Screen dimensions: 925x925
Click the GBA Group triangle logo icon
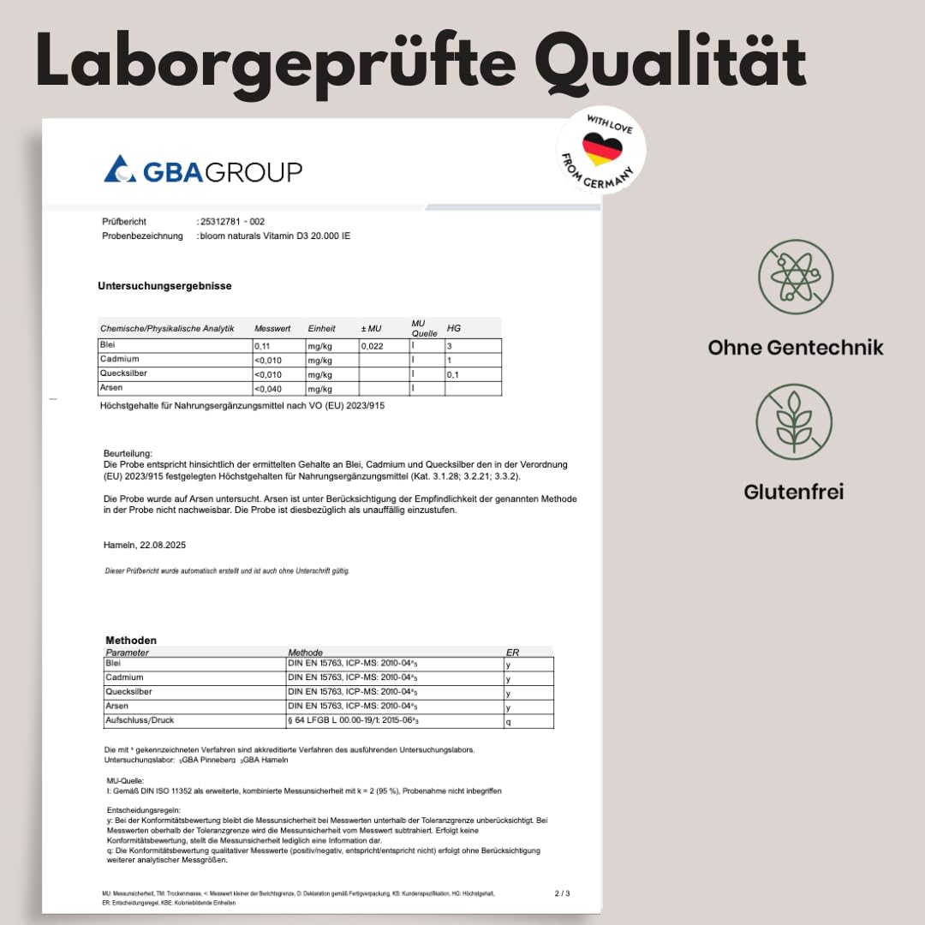click(x=119, y=169)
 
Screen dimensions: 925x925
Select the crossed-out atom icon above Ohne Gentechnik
click(x=796, y=277)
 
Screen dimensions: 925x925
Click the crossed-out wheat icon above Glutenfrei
click(x=794, y=421)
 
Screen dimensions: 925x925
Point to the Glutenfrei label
click(x=794, y=492)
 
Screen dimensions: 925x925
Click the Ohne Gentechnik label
click(x=796, y=347)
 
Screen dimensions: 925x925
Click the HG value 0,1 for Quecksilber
click(x=454, y=375)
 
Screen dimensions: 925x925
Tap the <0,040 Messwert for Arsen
click(x=268, y=390)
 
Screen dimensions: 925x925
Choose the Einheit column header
click(x=321, y=329)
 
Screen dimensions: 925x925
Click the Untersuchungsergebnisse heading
click(x=164, y=286)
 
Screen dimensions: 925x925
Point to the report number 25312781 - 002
click(x=231, y=222)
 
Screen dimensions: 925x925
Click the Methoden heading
click(x=131, y=641)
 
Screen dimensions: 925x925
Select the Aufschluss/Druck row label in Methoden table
click(x=140, y=720)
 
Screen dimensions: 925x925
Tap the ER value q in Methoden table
click(x=509, y=721)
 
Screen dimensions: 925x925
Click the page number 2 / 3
click(x=562, y=893)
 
